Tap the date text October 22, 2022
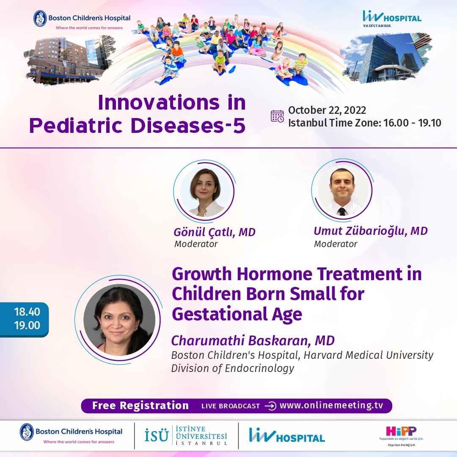(327, 110)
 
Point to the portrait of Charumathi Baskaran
(119, 320)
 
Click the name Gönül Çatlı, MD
(215, 232)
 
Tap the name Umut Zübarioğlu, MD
(371, 231)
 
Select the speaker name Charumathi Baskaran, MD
(253, 340)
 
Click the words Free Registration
(140, 405)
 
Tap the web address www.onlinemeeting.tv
(331, 405)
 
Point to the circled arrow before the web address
(270, 406)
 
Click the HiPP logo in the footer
(401, 435)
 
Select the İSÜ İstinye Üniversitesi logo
(186, 435)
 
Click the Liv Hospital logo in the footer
(287, 435)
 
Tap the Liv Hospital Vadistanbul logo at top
(392, 19)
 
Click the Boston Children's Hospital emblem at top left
(40, 18)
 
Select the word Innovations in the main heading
(159, 102)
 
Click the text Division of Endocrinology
(233, 368)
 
